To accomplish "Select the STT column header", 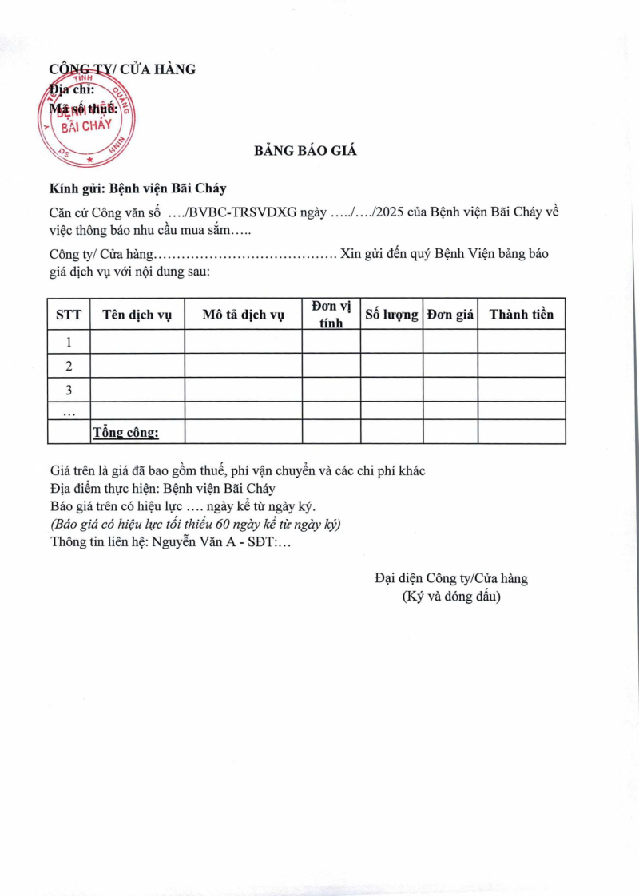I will [69, 315].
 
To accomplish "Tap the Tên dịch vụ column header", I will [137, 315].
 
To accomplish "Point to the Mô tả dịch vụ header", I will [243, 315].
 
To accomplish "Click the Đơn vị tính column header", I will [331, 315].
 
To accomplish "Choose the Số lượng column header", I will [391, 315].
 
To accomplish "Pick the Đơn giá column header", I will [450, 315].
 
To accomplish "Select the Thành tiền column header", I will [521, 315].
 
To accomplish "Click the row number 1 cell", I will [69, 342].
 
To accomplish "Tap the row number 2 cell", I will [69, 366].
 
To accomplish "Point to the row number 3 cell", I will [69, 390].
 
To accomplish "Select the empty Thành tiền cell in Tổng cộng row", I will [521, 432].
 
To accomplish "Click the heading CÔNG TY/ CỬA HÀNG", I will [122, 69].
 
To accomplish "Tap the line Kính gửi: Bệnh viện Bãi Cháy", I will [137, 188].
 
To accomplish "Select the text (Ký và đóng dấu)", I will [451, 596].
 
